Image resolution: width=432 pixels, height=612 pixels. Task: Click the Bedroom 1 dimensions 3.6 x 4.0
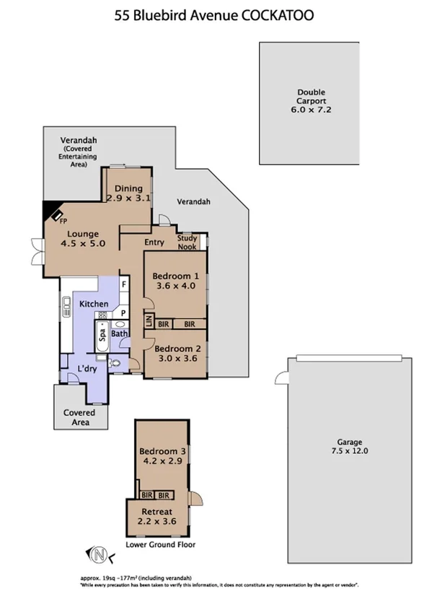click(174, 287)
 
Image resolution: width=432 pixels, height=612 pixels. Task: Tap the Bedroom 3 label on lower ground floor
click(163, 452)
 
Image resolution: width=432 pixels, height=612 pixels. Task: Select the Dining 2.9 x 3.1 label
click(128, 193)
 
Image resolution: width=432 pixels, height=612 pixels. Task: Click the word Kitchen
click(94, 304)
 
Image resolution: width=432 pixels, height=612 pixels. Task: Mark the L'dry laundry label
click(87, 369)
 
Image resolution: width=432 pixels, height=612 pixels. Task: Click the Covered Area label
click(80, 417)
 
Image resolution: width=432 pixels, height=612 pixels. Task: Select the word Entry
click(154, 242)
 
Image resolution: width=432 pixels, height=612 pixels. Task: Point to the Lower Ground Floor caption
click(160, 545)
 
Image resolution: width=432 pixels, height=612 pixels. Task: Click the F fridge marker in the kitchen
click(123, 285)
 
